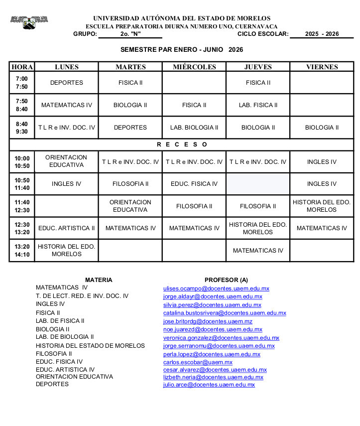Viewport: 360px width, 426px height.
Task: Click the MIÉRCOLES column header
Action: tap(194, 67)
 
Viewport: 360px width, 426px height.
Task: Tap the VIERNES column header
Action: tap(322, 67)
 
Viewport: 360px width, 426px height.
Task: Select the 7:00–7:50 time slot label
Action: tap(22, 83)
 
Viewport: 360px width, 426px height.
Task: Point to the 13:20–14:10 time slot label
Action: tap(22, 251)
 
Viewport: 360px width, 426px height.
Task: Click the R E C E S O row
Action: tap(182, 144)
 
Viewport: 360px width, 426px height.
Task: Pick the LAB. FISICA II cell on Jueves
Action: tap(258, 105)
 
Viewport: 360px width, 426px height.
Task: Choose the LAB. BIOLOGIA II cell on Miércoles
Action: tap(194, 128)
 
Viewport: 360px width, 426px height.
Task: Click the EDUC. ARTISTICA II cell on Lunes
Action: tap(67, 228)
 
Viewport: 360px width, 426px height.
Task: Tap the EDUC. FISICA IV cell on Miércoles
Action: tap(194, 184)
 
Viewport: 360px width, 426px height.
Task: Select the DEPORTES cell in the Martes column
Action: tap(130, 128)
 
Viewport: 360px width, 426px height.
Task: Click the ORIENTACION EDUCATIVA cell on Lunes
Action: tap(67, 161)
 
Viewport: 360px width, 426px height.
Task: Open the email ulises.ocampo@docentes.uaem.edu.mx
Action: tap(216, 288)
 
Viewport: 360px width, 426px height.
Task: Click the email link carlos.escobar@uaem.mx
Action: tap(198, 362)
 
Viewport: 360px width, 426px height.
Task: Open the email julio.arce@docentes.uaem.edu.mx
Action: tap(209, 385)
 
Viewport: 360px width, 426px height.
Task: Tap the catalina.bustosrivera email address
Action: tap(225, 313)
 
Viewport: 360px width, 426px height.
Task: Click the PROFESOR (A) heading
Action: tap(226, 280)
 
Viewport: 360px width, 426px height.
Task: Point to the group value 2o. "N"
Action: tap(130, 34)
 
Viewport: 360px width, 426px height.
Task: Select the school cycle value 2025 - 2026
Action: tap(322, 34)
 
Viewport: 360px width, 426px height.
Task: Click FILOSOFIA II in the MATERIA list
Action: tap(54, 354)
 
